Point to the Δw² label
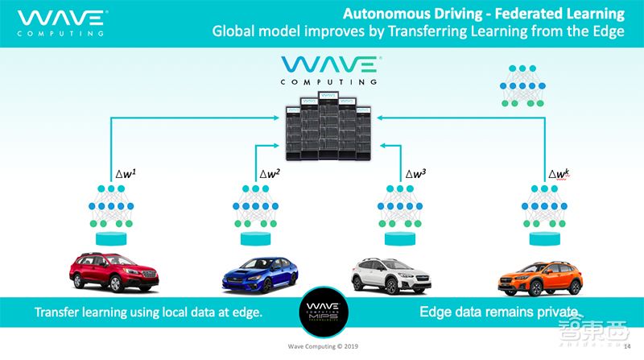pos(270,173)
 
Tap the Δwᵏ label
pos(561,173)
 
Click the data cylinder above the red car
pos(112,238)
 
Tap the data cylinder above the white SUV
pos(400,238)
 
